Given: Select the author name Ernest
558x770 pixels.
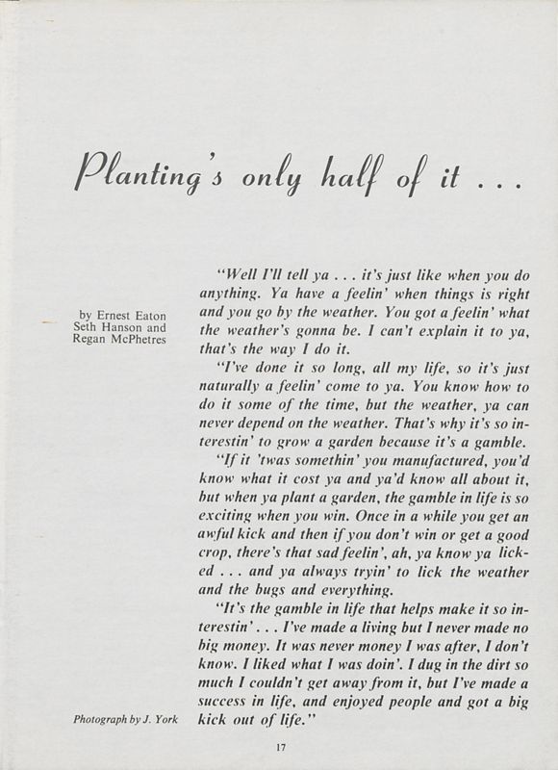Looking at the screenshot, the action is click(x=128, y=315).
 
